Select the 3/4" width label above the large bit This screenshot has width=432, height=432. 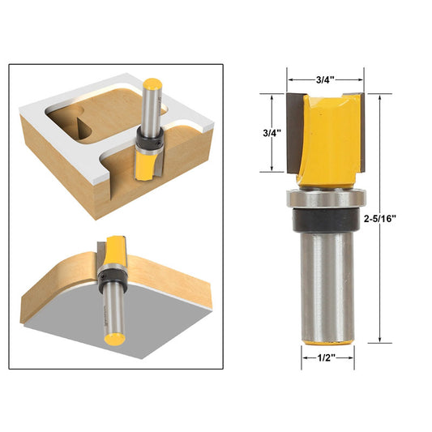[x=327, y=79]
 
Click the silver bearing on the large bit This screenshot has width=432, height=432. [x=327, y=198]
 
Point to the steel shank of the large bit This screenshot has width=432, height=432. [x=327, y=284]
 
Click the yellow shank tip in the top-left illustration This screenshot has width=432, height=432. [x=151, y=83]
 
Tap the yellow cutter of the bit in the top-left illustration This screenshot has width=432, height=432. [x=143, y=167]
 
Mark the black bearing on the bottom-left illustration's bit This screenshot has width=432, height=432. [x=109, y=279]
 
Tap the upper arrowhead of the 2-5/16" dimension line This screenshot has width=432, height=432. [x=379, y=96]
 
